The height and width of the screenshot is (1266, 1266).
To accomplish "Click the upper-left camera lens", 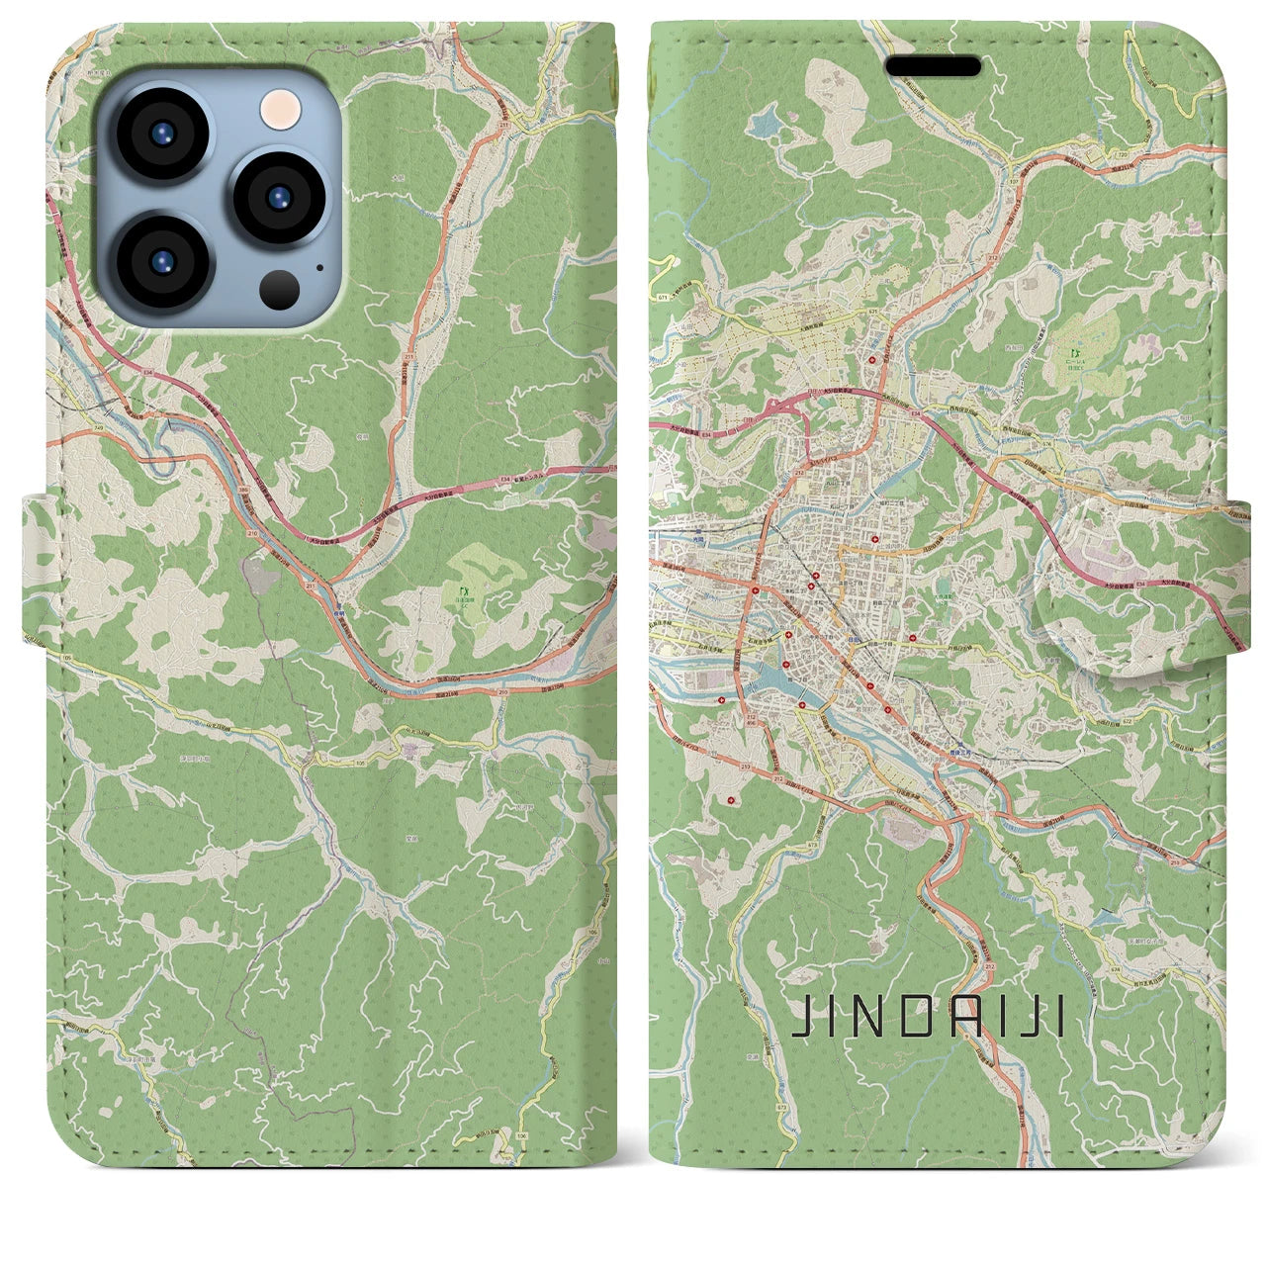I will [x=160, y=135].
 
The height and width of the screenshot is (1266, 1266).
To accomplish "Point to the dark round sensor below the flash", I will [x=280, y=288].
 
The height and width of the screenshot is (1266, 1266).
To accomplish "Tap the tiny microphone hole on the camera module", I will [x=317, y=266].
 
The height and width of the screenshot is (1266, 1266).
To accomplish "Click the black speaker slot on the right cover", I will [x=933, y=66].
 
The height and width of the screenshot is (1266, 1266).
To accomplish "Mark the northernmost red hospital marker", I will [x=872, y=362].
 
